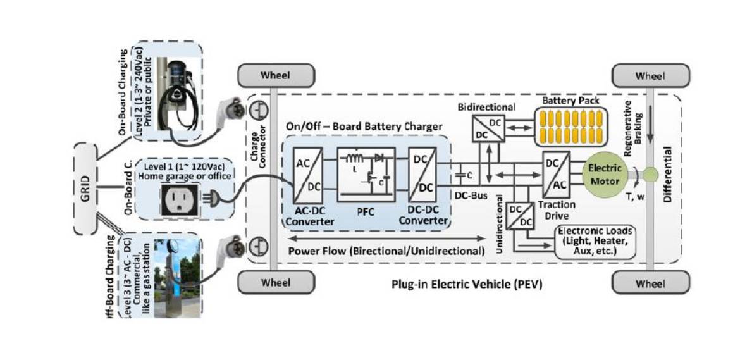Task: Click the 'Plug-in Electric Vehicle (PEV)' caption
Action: click(467, 285)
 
